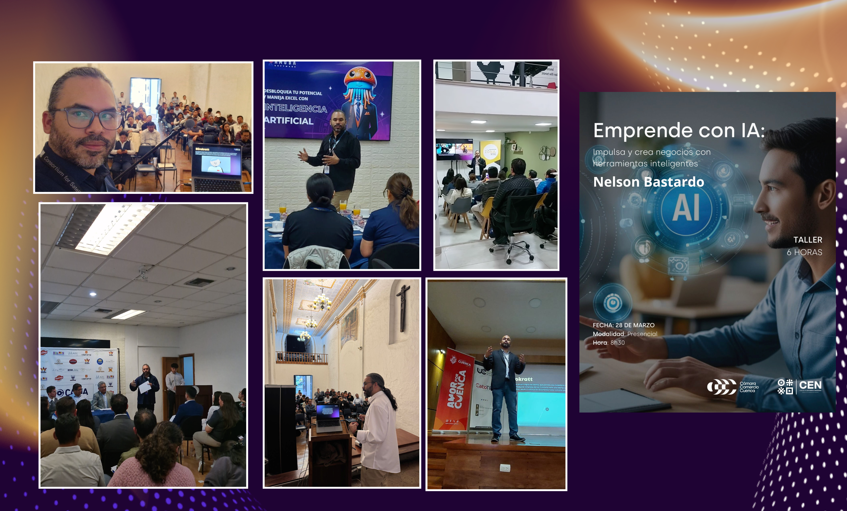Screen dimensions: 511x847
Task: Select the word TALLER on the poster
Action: coord(808,240)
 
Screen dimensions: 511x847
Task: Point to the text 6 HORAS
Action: coord(804,252)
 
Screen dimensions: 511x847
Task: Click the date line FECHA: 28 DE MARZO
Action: coord(623,325)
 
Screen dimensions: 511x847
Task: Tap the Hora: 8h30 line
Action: coord(608,343)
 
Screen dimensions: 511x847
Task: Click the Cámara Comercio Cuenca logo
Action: coord(732,387)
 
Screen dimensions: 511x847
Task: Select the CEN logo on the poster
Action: coord(800,387)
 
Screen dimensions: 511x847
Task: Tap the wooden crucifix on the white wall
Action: coord(403,307)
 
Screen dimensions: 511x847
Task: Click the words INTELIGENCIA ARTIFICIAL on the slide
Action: coord(295,115)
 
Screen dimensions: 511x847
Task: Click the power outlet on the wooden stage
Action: coord(505,468)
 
